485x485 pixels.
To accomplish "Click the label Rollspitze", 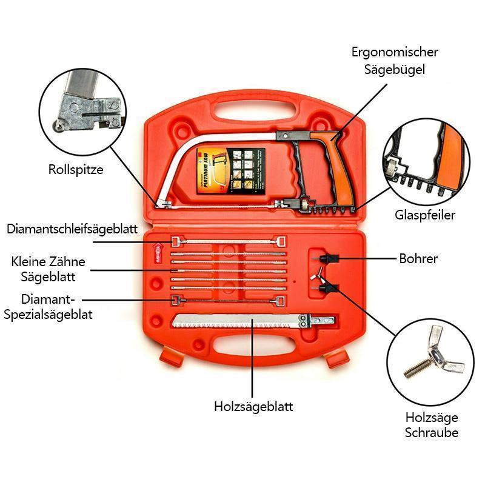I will point(76,170).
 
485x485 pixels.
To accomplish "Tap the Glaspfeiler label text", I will point(425,215).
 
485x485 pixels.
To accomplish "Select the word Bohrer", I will point(418,259).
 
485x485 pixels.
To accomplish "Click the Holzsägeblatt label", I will point(253,406).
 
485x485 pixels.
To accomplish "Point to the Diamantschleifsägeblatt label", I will point(72,229).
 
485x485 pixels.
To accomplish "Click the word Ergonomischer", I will point(395,52).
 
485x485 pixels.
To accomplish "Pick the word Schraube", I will point(432,433).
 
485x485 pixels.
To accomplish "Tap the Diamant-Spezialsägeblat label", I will point(48,307).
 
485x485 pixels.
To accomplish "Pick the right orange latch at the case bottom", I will point(337,360).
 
